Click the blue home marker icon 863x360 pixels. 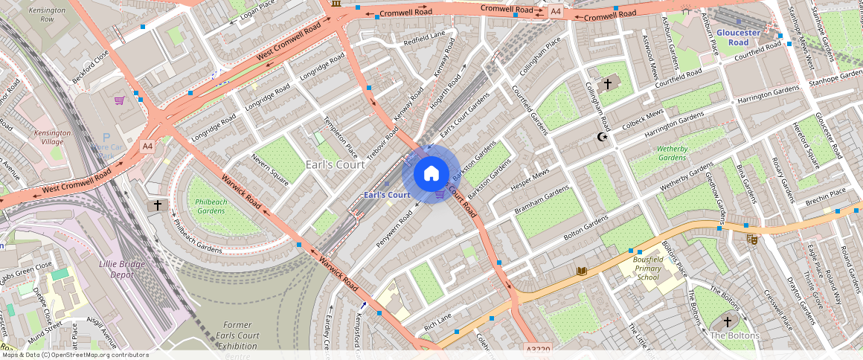(431, 174)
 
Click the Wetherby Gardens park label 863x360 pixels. (672, 153)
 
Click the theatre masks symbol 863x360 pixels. (752, 239)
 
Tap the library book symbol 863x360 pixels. (582, 271)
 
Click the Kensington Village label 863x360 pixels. (52, 138)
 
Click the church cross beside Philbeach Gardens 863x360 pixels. (157, 205)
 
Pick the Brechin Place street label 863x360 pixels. (826, 193)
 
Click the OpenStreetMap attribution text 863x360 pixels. (74, 355)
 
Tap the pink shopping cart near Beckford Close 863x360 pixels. (119, 100)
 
